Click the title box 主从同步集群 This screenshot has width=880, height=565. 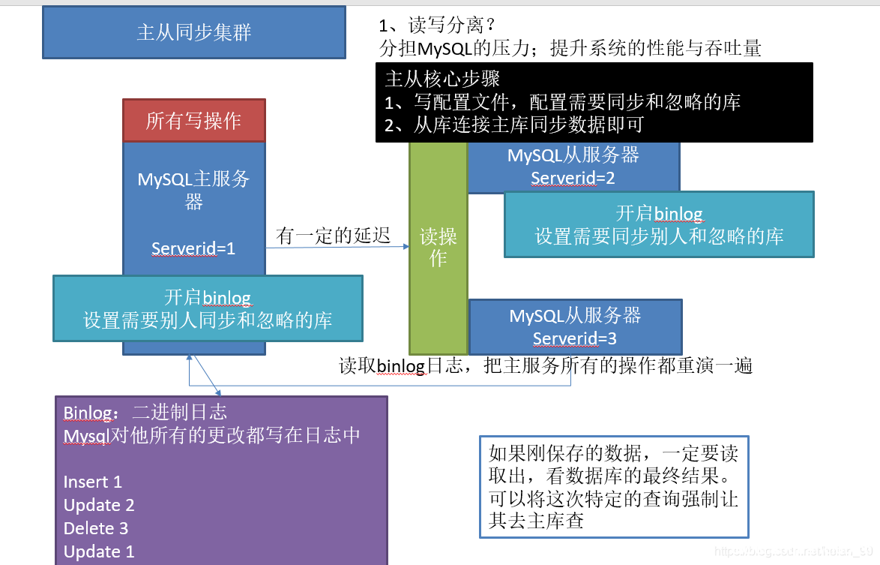pos(194,33)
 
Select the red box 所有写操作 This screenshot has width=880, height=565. pos(193,120)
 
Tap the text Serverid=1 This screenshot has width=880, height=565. pos(193,248)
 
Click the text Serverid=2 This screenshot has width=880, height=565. pos(573,179)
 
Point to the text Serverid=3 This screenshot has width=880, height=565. pos(574,338)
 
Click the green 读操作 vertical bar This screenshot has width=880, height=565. pos(438,248)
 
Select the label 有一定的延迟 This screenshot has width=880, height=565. pos(334,236)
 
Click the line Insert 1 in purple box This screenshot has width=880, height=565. pos(92,482)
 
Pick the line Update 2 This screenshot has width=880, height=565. pos(99,505)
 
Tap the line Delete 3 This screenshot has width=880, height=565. pos(96,528)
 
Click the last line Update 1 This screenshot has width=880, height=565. pos(99,551)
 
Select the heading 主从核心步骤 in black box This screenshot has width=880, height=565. pos(442,79)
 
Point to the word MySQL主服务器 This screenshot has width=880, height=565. pos(193,190)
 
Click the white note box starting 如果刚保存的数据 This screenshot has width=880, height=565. pos(613,487)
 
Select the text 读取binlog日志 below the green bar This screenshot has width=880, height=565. pos(405,366)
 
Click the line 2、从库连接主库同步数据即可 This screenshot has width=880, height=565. pos(513,125)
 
